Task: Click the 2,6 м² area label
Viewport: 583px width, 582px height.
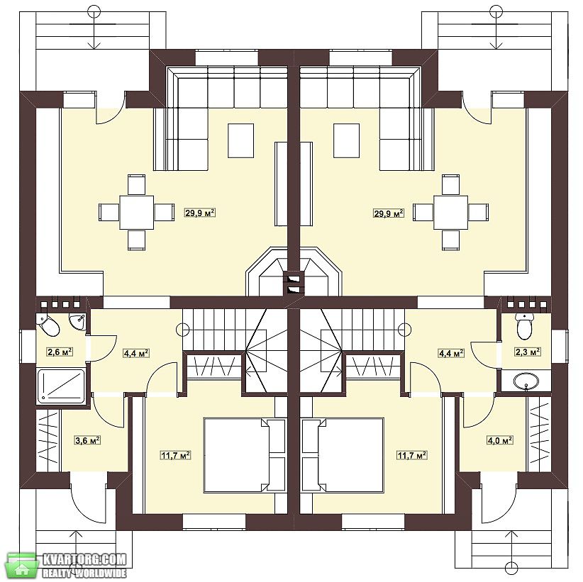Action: coord(60,352)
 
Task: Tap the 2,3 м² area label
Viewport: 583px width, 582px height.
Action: coord(528,352)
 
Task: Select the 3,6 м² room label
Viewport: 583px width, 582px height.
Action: coord(88,440)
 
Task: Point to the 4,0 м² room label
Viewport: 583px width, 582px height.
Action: coord(500,440)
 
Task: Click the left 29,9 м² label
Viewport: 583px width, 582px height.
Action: coord(200,213)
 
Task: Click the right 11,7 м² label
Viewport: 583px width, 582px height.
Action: coord(411,455)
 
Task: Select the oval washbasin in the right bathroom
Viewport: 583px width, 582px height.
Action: coord(526,381)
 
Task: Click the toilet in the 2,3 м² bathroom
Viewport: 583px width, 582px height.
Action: coord(524,326)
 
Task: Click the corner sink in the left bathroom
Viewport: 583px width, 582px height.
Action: coord(78,321)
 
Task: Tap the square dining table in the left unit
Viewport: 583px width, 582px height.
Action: coord(136,213)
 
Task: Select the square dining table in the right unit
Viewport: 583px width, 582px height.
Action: coord(451,213)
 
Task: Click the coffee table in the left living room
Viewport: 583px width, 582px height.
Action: coord(241,140)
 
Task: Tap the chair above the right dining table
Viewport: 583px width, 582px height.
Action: coord(451,184)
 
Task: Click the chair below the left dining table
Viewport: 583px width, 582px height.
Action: coord(136,240)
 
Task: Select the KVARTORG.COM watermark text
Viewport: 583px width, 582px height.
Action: coord(85,559)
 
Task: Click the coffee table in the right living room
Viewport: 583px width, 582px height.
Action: coord(347,140)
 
